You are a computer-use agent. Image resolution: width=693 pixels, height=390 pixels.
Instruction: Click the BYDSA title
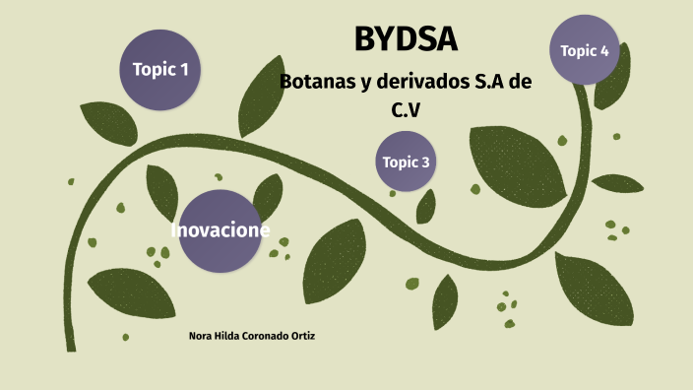point(406,40)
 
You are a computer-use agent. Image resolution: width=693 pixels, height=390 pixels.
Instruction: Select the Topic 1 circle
point(160,69)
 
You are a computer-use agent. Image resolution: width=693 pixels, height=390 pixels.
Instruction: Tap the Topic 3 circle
point(406,162)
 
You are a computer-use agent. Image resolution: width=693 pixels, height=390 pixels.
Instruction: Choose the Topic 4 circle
point(585,50)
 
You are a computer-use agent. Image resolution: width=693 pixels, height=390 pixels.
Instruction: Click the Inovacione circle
point(220,231)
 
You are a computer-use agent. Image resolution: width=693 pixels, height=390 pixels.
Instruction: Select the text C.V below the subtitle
point(406,111)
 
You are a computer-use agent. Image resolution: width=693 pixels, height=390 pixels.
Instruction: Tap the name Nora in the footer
point(198,336)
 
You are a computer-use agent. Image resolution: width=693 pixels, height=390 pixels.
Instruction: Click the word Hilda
point(224,336)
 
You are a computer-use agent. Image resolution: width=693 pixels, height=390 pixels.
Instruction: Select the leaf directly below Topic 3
point(425,207)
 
